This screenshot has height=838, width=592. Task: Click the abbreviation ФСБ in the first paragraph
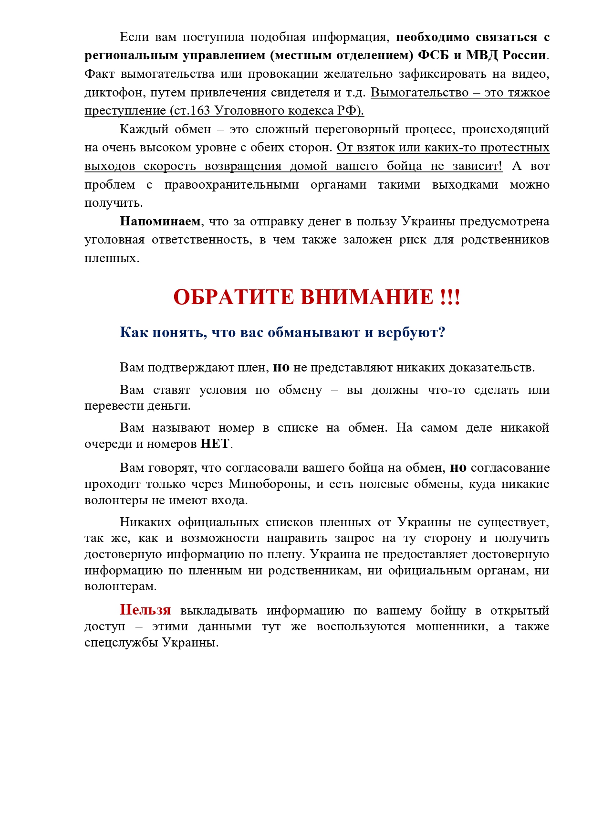[x=433, y=55]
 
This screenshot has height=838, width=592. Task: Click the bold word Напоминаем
[x=160, y=222]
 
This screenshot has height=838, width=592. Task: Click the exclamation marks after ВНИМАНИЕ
[x=450, y=297]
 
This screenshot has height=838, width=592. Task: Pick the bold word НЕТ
[x=215, y=444]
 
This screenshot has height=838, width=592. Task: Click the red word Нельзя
[x=145, y=610]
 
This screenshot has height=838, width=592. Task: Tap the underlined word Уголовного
[x=244, y=111]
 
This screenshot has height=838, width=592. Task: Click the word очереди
[x=108, y=444]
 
